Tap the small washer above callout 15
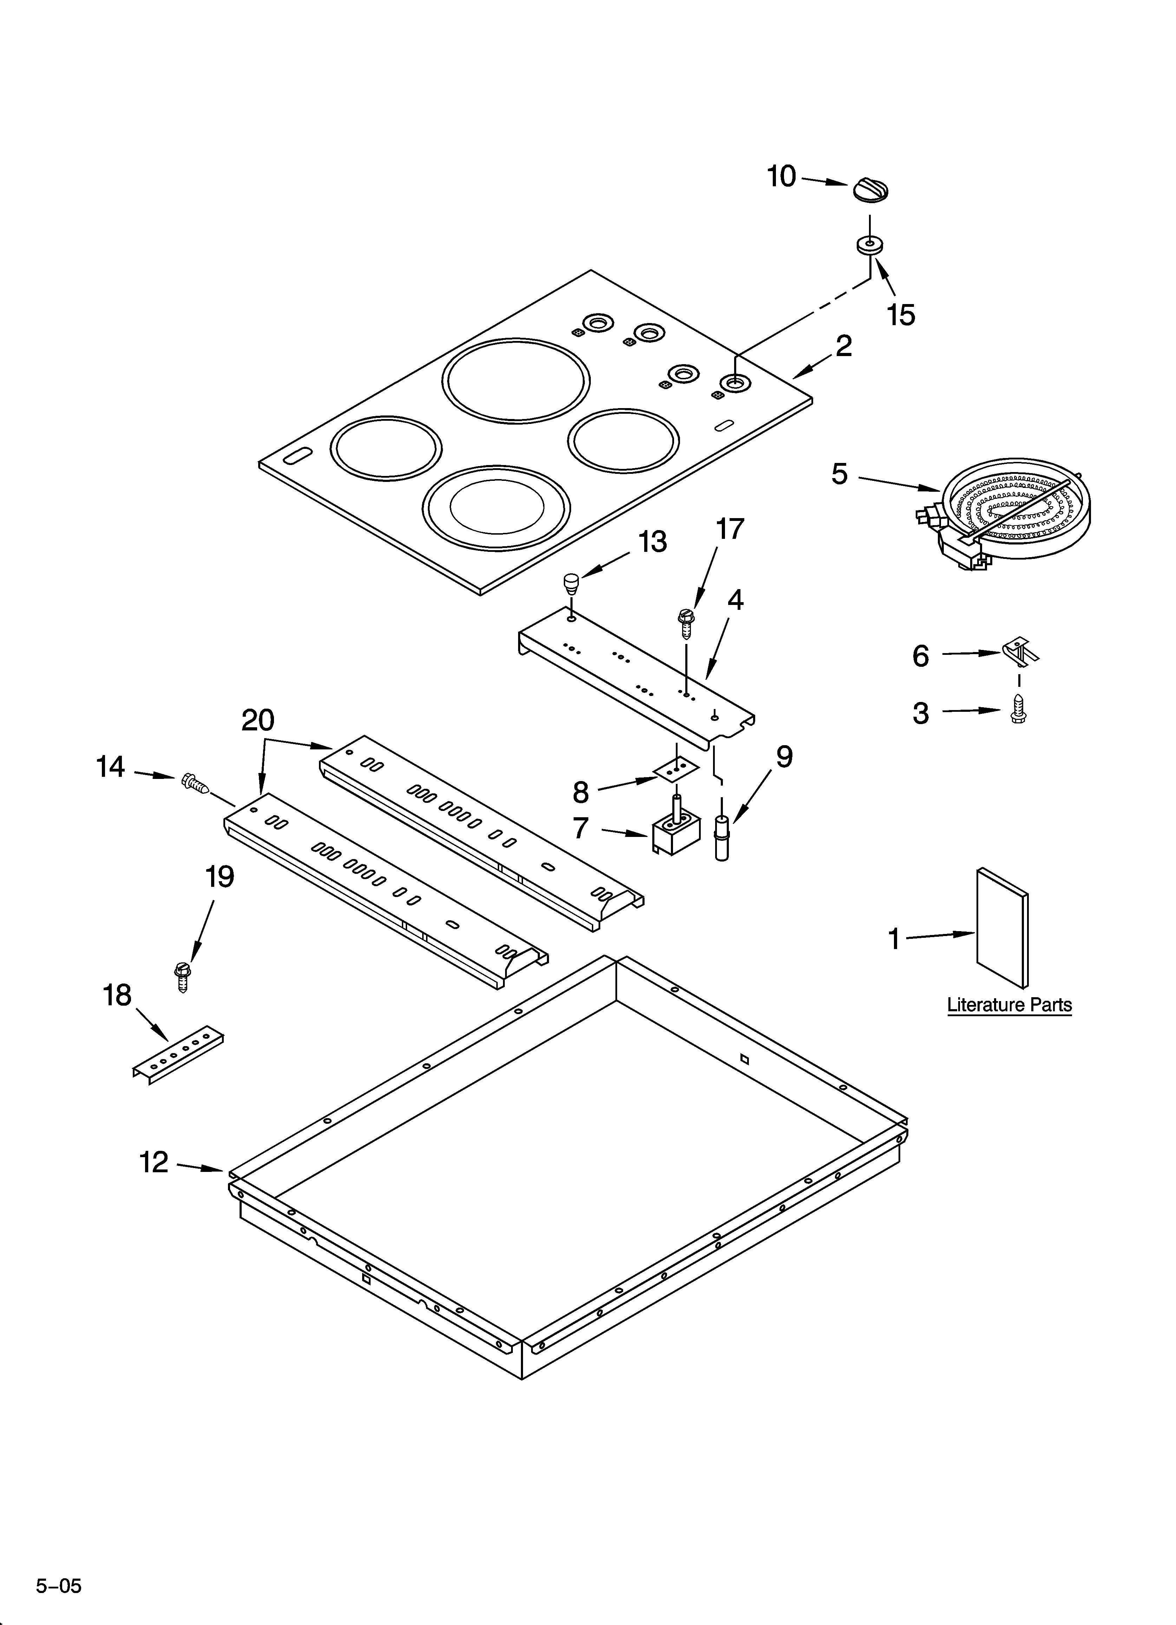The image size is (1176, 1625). (x=869, y=245)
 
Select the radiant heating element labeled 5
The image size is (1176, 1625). (x=1010, y=520)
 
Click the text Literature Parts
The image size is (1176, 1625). (x=1009, y=1005)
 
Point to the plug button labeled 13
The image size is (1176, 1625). (x=570, y=582)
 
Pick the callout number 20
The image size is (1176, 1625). (x=258, y=720)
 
